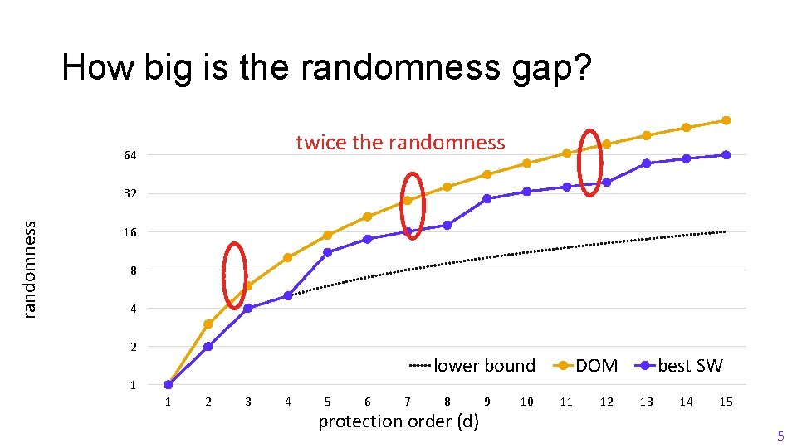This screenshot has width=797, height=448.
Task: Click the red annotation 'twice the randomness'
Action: tap(400, 143)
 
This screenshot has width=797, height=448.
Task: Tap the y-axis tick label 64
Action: tap(130, 156)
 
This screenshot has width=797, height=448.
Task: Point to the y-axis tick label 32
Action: tap(130, 194)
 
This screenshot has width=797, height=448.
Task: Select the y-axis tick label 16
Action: tap(130, 233)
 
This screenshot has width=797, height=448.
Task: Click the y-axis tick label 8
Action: tap(133, 271)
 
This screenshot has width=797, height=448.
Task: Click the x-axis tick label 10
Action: tap(526, 402)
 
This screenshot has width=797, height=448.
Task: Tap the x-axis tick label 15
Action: tap(726, 402)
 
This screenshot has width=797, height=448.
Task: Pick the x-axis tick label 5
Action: tap(327, 402)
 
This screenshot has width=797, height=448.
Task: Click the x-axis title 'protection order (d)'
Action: tap(398, 421)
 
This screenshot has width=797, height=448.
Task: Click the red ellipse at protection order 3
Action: tap(235, 275)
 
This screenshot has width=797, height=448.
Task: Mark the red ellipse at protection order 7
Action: tap(412, 206)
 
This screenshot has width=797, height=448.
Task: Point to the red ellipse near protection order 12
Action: tap(590, 163)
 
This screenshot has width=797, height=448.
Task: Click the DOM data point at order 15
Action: tap(726, 120)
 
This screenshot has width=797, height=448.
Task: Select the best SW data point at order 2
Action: tap(208, 347)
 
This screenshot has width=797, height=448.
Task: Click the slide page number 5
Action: tap(780, 436)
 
